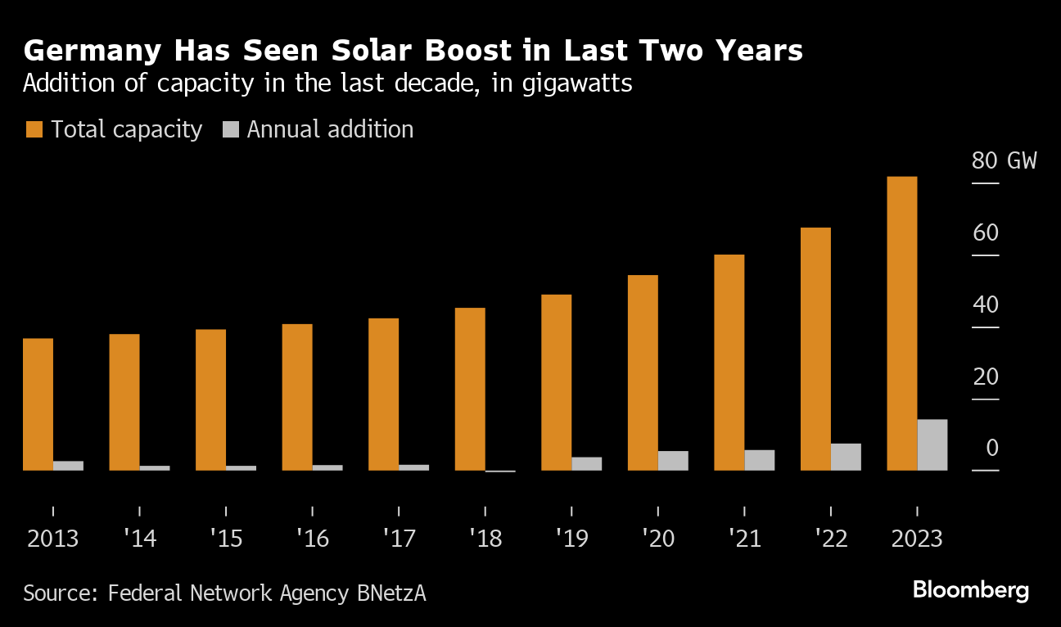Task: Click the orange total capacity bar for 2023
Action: click(x=902, y=323)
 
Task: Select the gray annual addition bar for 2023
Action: click(x=932, y=444)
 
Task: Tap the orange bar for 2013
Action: click(x=38, y=404)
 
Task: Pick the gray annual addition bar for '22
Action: click(x=846, y=457)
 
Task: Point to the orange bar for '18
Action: click(x=470, y=389)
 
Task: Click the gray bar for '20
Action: click(x=673, y=461)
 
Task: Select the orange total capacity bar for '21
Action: click(x=729, y=363)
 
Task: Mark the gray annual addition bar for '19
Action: click(x=586, y=463)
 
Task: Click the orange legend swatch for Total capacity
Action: click(x=34, y=129)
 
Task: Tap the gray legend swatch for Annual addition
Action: click(x=231, y=129)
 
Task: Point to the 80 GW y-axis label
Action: click(x=1004, y=160)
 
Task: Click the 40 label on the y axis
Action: click(x=985, y=305)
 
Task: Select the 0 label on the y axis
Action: click(x=992, y=448)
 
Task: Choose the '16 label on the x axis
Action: click(x=312, y=539)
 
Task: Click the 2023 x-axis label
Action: click(x=916, y=539)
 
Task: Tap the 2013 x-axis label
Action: click(x=52, y=539)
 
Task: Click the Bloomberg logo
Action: click(x=970, y=590)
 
